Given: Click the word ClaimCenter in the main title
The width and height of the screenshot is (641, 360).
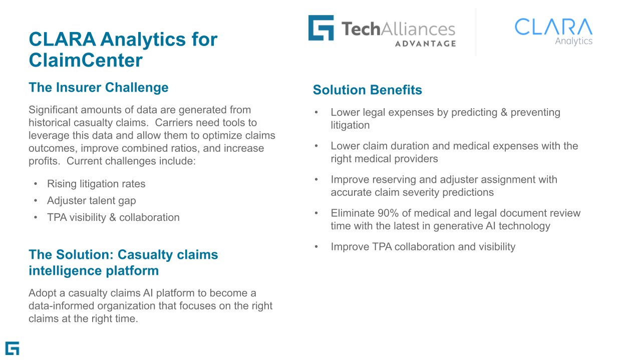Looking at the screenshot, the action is [86, 60].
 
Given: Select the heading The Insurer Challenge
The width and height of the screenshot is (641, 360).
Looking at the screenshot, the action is [99, 87].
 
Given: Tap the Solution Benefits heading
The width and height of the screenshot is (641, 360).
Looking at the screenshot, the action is [368, 90].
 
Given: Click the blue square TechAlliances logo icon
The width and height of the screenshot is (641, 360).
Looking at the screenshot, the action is [321, 28].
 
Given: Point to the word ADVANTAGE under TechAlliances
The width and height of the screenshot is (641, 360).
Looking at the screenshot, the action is [426, 44].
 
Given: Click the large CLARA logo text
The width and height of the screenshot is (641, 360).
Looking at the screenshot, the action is [553, 27].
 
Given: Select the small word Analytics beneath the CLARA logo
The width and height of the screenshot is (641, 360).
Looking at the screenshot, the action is [574, 41].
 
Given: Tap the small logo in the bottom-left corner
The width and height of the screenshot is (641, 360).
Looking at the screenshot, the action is [13, 348].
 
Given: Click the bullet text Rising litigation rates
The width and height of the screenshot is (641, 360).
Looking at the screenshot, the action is [96, 184].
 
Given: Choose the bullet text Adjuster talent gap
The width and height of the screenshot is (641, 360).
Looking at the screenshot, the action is [91, 201].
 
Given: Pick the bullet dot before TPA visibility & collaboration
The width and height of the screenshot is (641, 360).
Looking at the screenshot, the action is [36, 217].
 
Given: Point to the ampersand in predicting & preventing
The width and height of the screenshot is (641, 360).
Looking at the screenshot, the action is [504, 113].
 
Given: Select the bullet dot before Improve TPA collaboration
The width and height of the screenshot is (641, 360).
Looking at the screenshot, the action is [316, 247].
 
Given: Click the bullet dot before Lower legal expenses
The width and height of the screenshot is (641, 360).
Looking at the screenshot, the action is [316, 113].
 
